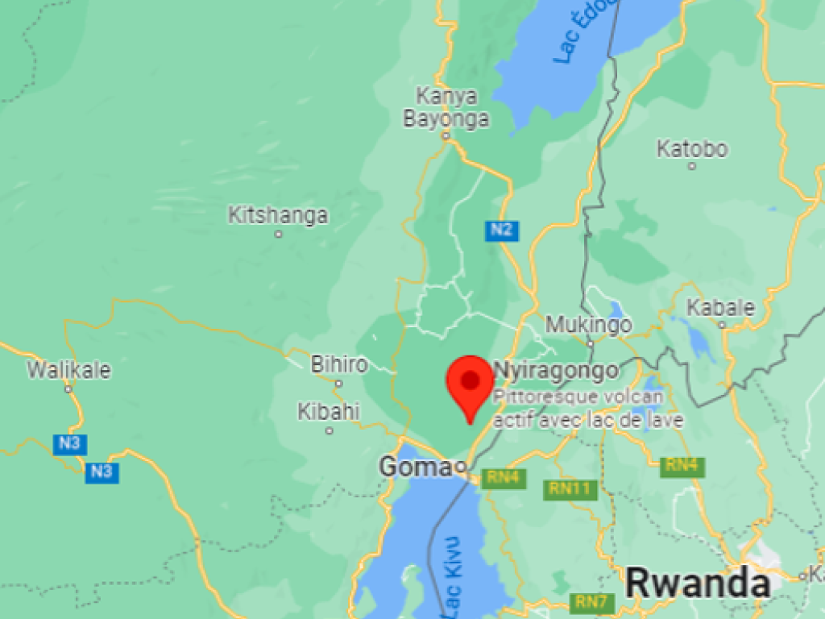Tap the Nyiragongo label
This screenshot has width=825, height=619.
[x=556, y=371]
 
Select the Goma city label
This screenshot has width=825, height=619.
[x=416, y=467]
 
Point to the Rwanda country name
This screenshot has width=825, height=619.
[x=698, y=583]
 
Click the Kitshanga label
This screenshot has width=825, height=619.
[x=278, y=215]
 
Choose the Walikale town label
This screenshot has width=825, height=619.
[x=68, y=370]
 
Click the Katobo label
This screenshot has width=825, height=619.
[x=692, y=149]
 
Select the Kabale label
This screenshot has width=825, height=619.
[x=720, y=308]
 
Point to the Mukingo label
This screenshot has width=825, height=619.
[x=589, y=325]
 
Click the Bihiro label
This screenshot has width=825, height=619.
[x=339, y=364]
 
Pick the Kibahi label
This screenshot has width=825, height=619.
[x=329, y=412]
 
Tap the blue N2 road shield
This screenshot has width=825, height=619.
[x=501, y=231]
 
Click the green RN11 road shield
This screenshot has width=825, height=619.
[x=570, y=488]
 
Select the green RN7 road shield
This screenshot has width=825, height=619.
[x=592, y=601]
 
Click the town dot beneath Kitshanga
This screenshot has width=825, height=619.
[x=279, y=235]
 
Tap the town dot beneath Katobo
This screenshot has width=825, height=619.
[x=691, y=166]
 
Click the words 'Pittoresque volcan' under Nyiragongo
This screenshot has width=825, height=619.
[x=578, y=397]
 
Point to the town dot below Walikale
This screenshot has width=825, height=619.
[x=68, y=388]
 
